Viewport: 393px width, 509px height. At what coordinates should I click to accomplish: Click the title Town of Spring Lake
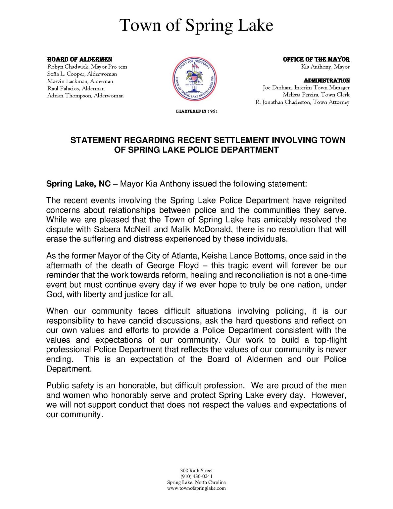coord(196,26)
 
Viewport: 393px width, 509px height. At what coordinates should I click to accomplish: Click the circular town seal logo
coord(195,79)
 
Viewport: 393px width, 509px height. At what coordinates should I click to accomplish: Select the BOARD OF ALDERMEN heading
coord(79,59)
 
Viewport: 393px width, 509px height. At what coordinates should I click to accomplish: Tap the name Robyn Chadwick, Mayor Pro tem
coord(87,67)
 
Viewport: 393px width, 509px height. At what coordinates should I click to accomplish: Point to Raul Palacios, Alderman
coord(76,88)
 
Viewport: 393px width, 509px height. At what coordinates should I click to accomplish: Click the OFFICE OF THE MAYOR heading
coord(316,59)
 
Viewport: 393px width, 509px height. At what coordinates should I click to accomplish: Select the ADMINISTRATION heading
coord(326,81)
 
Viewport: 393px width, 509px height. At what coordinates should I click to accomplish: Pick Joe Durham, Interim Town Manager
coord(306,88)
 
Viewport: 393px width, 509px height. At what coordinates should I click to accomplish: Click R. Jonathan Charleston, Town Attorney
coord(302,102)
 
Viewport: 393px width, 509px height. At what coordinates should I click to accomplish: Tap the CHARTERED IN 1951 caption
coord(196,111)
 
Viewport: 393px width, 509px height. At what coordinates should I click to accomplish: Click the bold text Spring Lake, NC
coord(78,184)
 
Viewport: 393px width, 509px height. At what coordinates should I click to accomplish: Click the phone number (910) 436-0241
coord(196,477)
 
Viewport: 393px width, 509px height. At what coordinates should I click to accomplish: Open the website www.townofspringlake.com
coord(196,488)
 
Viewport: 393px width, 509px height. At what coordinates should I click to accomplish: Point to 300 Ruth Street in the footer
coord(196,471)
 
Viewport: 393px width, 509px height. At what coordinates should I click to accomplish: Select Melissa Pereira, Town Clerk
coord(316,95)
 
